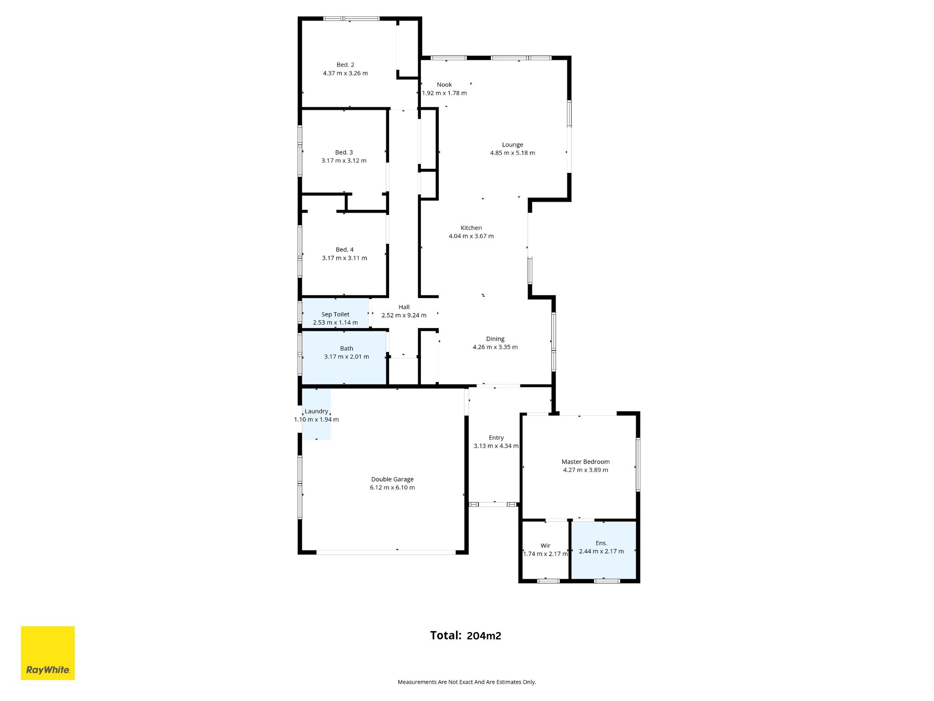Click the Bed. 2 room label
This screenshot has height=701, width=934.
345,65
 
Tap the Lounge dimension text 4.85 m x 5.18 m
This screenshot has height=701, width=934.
513,153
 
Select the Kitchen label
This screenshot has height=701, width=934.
471,228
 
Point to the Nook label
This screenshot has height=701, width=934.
444,84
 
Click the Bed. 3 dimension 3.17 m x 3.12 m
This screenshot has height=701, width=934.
344,161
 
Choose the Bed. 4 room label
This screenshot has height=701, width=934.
344,250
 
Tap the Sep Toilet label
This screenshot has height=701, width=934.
335,314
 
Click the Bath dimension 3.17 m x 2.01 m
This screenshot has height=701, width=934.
347,356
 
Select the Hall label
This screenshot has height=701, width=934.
404,307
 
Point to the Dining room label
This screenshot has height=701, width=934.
495,339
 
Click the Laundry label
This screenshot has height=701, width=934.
316,411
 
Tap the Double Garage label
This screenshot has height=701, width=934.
392,479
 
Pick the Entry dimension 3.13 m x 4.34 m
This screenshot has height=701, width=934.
496,446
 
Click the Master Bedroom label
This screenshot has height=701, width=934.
586,462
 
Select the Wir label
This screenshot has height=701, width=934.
545,545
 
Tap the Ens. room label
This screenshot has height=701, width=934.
601,543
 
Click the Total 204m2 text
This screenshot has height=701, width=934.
466,635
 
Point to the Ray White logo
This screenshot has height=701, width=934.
48,653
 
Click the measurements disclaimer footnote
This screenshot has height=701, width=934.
467,682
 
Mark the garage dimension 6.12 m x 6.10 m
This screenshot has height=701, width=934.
392,487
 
